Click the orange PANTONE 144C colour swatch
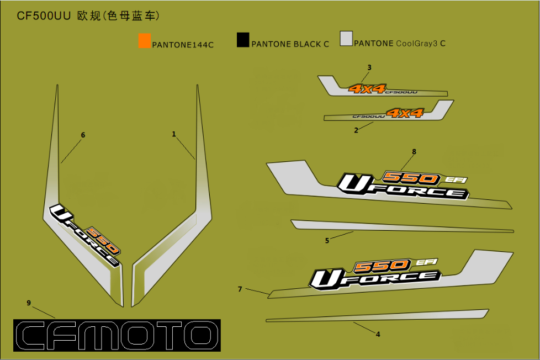(145, 41)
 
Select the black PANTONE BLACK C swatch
(243, 40)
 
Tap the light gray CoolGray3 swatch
(346, 38)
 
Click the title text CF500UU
(44, 16)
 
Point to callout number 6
(83, 135)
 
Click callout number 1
(174, 134)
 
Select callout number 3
(369, 67)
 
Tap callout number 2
(356, 130)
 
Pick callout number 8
(414, 151)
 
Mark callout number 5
(327, 240)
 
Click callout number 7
(240, 289)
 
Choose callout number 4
(378, 334)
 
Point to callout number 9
(29, 302)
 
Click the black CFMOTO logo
(117, 335)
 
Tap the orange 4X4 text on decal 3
(367, 88)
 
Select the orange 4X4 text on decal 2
(405, 113)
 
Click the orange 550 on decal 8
(411, 178)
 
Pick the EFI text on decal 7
(427, 262)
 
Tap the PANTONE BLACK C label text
(290, 44)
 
